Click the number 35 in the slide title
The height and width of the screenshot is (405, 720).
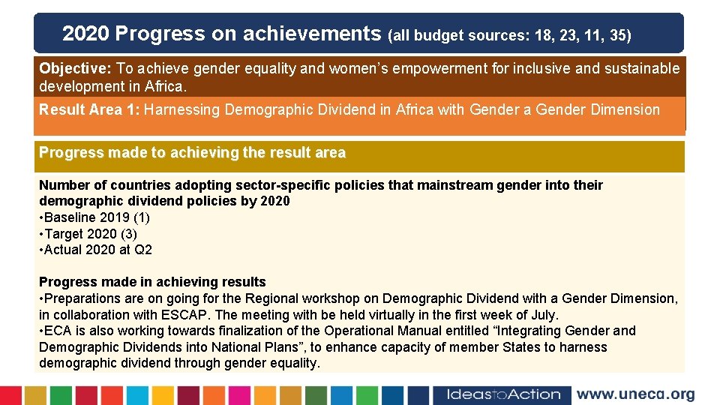click(x=619, y=35)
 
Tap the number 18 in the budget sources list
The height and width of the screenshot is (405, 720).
click(x=544, y=35)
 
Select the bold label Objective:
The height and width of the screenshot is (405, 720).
click(x=76, y=68)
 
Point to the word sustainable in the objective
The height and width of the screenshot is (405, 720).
click(x=642, y=68)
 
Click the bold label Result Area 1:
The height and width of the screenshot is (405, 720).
click(x=89, y=109)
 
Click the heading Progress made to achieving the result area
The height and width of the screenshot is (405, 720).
click(x=192, y=153)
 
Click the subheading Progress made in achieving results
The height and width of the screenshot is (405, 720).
click(x=152, y=282)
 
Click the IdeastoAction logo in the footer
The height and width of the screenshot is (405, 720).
click(x=503, y=394)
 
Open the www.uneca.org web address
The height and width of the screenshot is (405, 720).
click(x=635, y=394)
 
